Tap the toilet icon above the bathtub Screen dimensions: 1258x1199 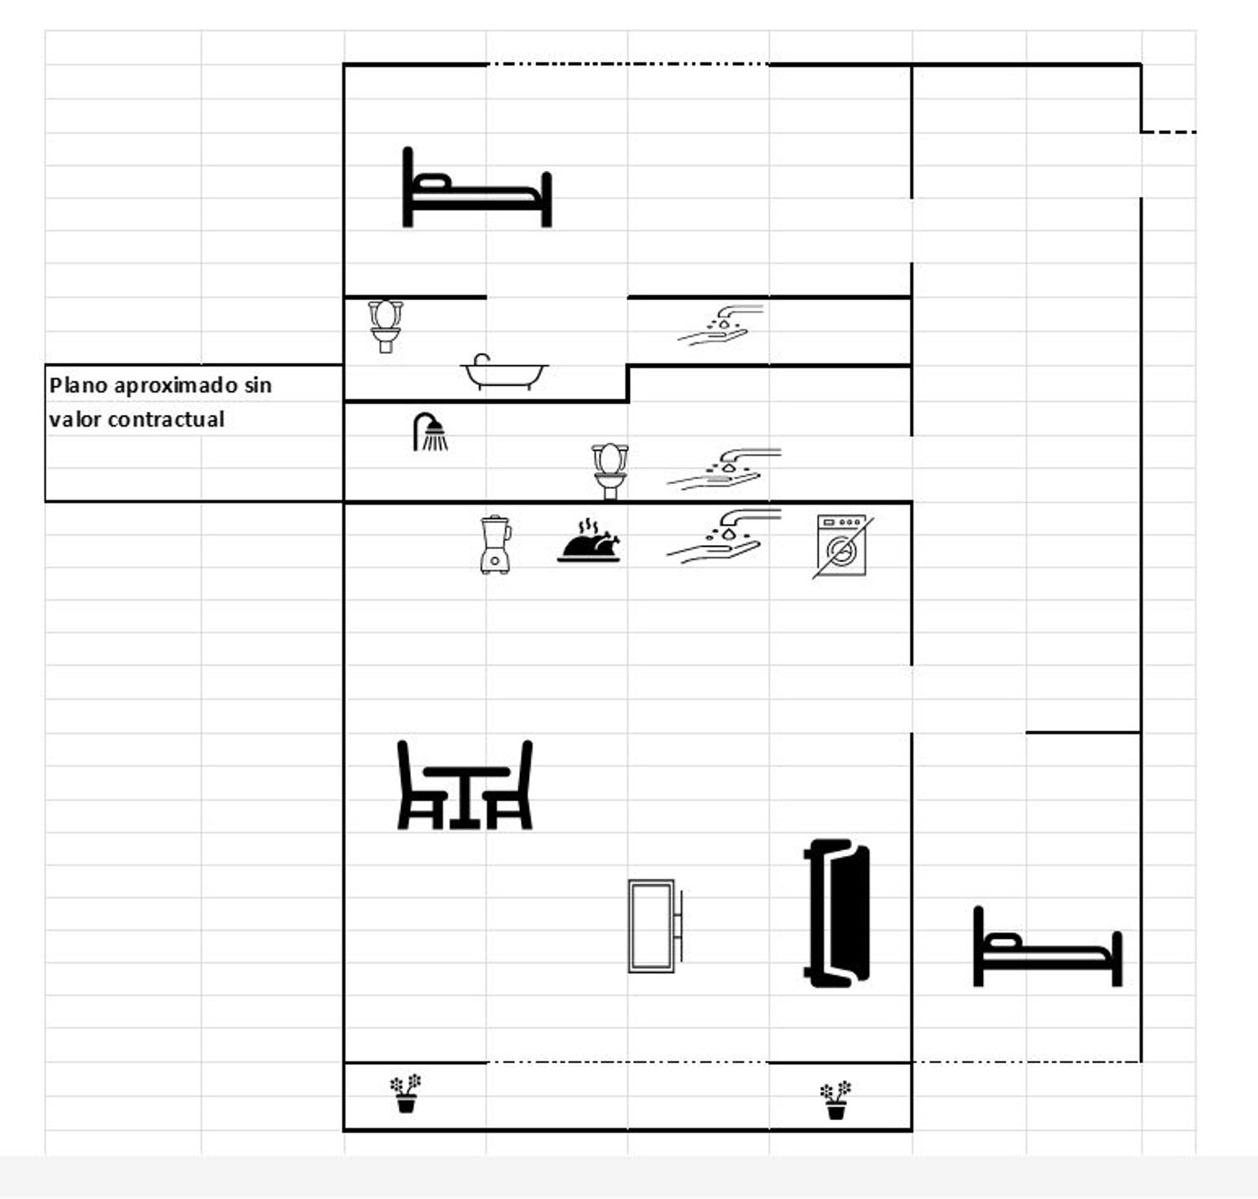pyautogui.click(x=385, y=326)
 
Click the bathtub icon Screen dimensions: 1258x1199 pyautogui.click(x=504, y=371)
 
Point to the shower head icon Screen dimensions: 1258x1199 pyautogui.click(x=430, y=432)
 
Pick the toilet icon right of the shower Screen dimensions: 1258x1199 pyautogui.click(x=610, y=471)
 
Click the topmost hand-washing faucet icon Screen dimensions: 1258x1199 pyautogui.click(x=721, y=325)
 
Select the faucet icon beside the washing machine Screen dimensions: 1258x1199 pyautogui.click(x=724, y=536)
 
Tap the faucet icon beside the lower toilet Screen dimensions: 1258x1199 pyautogui.click(x=724, y=469)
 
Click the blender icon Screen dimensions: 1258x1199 pyautogui.click(x=496, y=544)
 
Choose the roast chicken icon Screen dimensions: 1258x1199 pyautogui.click(x=589, y=542)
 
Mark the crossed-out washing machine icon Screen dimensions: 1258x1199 pyautogui.click(x=843, y=546)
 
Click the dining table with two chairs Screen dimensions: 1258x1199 pyautogui.click(x=465, y=785)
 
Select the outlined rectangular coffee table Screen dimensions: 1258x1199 pyautogui.click(x=655, y=926)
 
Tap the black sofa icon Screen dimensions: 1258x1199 pyautogui.click(x=837, y=913)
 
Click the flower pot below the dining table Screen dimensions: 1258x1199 pyautogui.click(x=406, y=1093)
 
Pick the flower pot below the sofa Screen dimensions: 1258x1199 pyautogui.click(x=835, y=1100)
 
